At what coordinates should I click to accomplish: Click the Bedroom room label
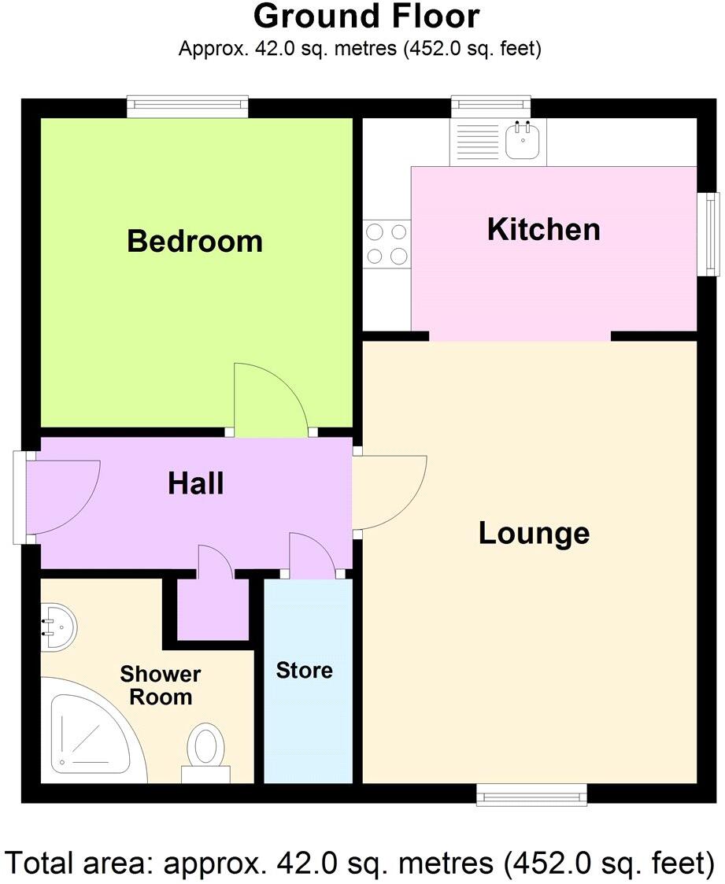tap(194, 241)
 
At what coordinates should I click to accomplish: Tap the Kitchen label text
tap(543, 229)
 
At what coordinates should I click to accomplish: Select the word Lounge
tap(534, 533)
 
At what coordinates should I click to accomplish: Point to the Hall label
tap(195, 483)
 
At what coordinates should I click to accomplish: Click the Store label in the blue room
tap(304, 671)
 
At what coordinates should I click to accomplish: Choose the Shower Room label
tap(161, 686)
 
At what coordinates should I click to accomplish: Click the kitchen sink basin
tap(521, 142)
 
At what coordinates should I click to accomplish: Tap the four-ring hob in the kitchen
tap(387, 243)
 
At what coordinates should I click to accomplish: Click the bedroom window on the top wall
tap(188, 107)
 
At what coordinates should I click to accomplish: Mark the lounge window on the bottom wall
tap(532, 795)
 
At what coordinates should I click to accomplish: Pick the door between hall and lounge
tap(390, 491)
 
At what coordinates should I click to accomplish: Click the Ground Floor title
tap(366, 17)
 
